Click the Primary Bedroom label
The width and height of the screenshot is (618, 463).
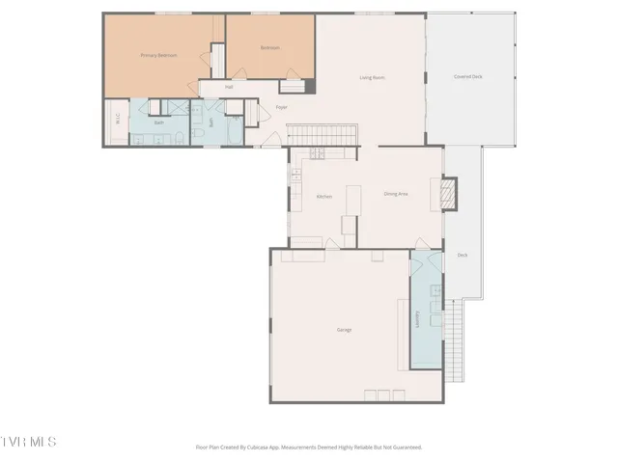click(158, 56)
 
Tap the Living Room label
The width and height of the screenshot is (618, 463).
click(373, 77)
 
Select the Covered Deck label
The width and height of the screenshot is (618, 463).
click(468, 77)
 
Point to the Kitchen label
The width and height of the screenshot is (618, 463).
click(324, 196)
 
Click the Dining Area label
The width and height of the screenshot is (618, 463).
click(396, 194)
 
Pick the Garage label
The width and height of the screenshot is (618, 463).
click(344, 330)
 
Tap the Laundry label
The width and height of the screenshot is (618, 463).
click(417, 319)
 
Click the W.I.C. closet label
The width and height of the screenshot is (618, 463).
click(117, 120)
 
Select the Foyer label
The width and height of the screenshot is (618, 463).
click(282, 107)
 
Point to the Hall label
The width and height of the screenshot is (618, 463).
click(229, 88)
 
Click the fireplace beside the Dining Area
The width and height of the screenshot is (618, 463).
click(447, 193)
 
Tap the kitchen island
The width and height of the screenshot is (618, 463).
click(352, 198)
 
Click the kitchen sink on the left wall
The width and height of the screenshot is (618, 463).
click(296, 176)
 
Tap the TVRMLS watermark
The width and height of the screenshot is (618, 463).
click(29, 442)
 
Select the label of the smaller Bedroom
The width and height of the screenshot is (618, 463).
click(269, 47)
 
